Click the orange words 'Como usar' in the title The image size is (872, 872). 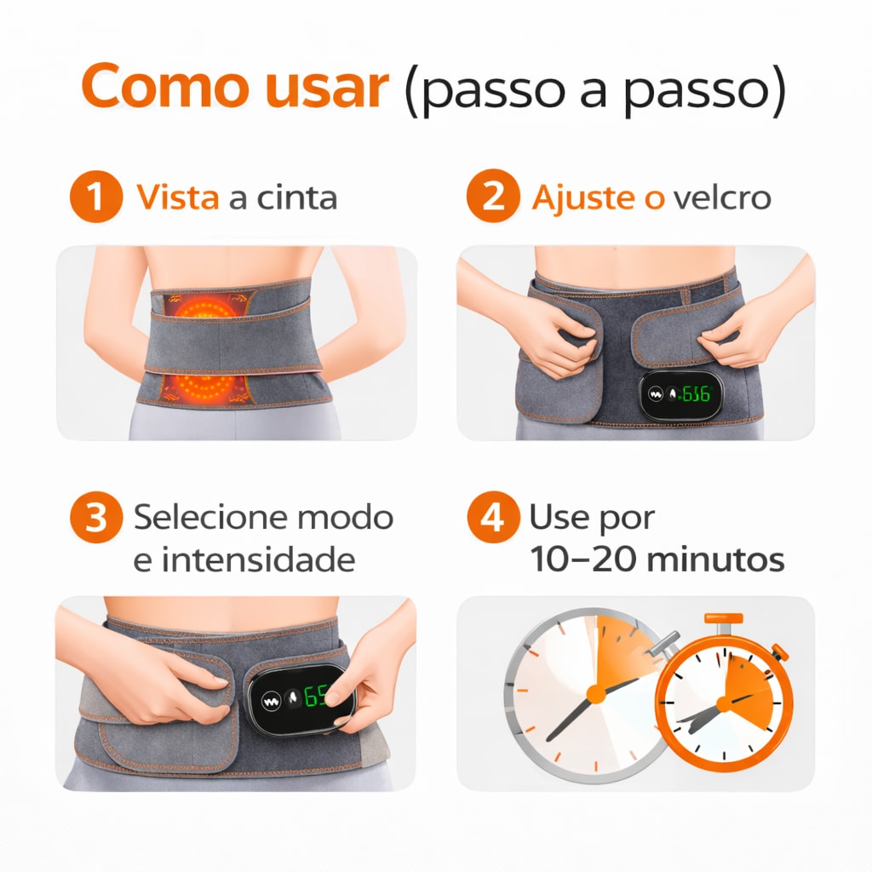234,87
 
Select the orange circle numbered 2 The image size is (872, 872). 491,198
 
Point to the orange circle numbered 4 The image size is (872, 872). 491,518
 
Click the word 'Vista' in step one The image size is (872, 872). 179,198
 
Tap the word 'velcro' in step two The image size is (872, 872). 721,198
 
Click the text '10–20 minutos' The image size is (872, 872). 657,559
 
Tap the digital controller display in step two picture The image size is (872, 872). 681,394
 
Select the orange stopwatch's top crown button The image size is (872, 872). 722,619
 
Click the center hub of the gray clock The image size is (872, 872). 596,694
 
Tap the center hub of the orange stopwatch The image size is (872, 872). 724,704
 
